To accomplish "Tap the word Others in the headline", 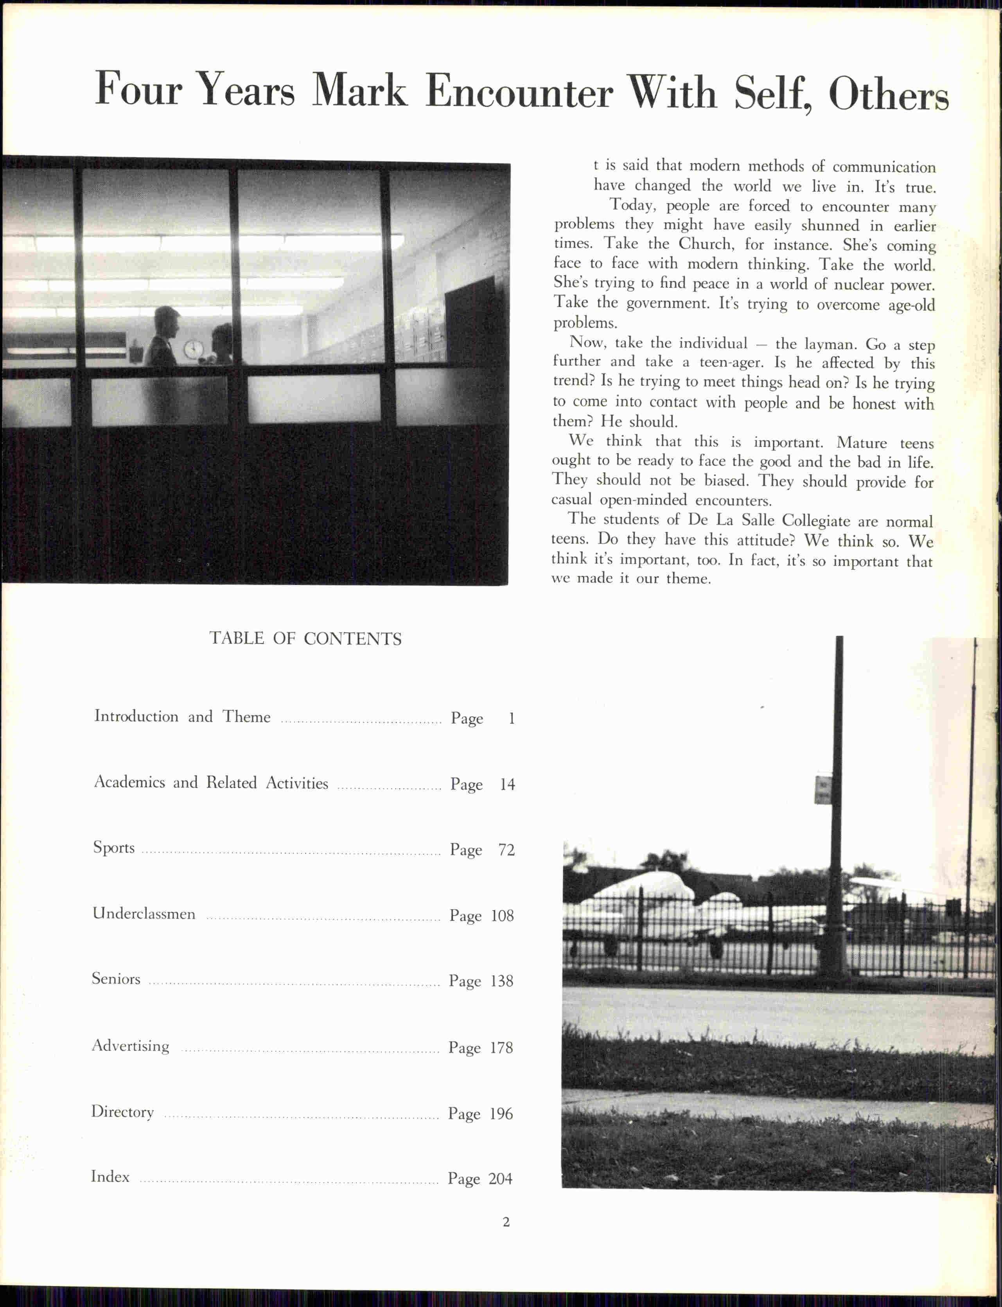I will (888, 94).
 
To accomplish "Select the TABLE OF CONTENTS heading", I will (305, 638).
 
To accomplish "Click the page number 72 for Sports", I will (506, 849).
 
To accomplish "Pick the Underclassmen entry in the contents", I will (144, 913).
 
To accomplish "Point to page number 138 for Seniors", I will (502, 981).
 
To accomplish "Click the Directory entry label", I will (122, 1112).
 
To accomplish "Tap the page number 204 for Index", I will (500, 1178).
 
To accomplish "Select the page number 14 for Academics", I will (507, 784).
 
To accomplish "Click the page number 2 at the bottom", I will (506, 1222).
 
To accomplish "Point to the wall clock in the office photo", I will (193, 349).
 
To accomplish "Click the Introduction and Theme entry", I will (182, 716).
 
